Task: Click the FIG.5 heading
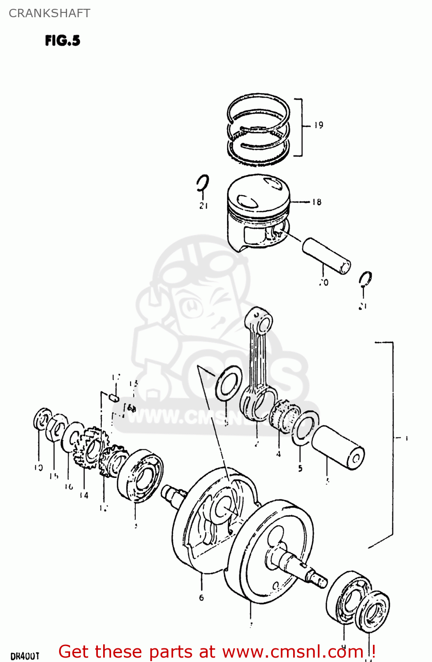click(x=63, y=41)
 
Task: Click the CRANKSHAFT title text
click(x=49, y=13)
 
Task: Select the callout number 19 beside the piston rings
click(x=319, y=125)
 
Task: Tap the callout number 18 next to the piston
click(x=317, y=202)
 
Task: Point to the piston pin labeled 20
click(x=326, y=256)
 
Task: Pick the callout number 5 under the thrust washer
click(x=300, y=468)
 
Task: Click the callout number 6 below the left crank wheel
click(x=201, y=598)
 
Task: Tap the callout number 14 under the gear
click(x=84, y=495)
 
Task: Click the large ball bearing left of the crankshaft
click(x=140, y=476)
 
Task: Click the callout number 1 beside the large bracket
click(x=406, y=438)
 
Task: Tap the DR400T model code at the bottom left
click(x=25, y=656)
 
